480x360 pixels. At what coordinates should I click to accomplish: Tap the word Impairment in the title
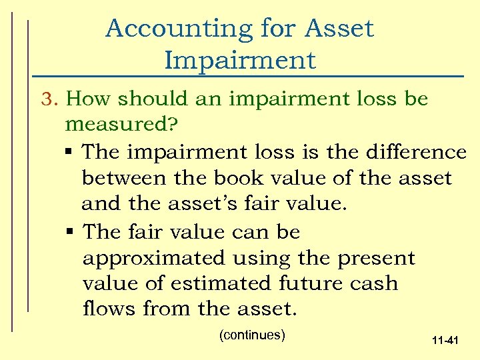click(239, 60)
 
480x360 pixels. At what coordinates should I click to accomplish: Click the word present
click(377, 257)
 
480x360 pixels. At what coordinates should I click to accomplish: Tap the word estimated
click(218, 283)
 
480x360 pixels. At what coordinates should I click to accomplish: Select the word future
click(311, 283)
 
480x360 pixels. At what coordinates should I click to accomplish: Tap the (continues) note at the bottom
click(252, 335)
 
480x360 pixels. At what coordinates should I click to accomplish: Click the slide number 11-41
click(445, 341)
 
